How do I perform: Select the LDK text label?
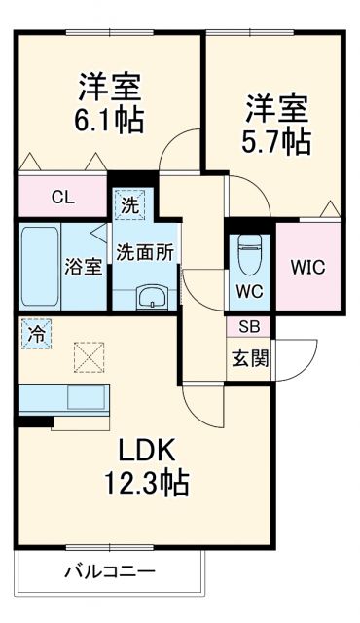147,451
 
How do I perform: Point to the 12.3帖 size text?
147,482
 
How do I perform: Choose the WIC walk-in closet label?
307,267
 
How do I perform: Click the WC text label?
249,289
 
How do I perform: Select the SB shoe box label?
249,328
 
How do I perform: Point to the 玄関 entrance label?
249,357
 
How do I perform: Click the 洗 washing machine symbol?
129,205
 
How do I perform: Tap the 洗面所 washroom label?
145,250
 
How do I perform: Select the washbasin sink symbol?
152,295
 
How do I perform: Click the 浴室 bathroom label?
84,267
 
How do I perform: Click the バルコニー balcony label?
110,572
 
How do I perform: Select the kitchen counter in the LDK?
64,398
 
